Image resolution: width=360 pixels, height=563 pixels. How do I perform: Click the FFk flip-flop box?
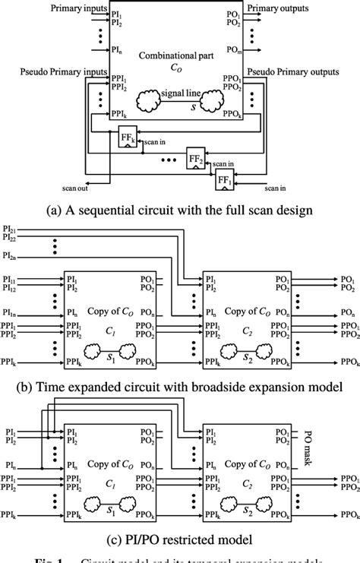[127, 138]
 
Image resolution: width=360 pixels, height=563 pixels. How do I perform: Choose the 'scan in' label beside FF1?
[274, 185]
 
